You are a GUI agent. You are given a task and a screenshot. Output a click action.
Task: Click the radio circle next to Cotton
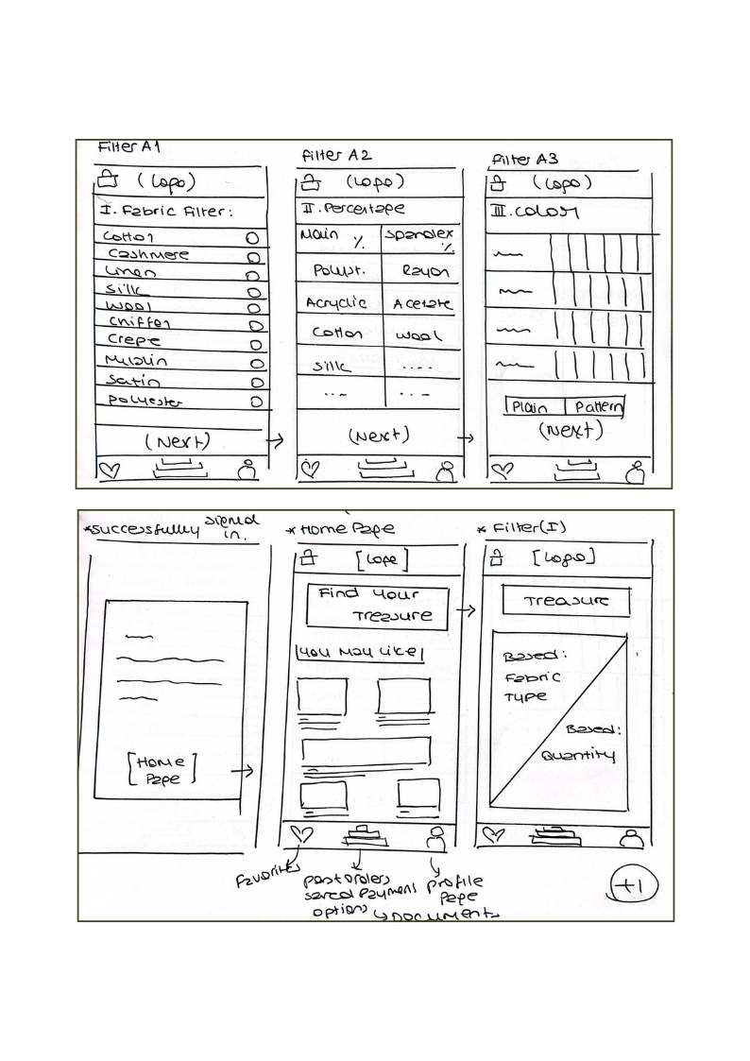click(x=252, y=239)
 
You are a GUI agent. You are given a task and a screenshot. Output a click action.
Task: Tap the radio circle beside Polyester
click(x=254, y=402)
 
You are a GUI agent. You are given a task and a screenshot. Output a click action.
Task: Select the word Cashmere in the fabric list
click(x=147, y=254)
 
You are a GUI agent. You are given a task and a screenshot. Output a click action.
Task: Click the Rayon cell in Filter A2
click(x=425, y=272)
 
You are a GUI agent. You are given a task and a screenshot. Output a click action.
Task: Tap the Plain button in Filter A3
click(x=534, y=407)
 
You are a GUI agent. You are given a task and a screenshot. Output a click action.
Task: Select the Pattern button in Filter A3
click(x=594, y=407)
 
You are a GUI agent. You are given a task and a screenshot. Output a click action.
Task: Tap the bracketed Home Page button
click(x=163, y=769)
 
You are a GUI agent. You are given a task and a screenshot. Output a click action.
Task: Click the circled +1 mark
click(x=635, y=885)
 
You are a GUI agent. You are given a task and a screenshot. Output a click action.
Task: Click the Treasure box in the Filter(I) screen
click(x=566, y=601)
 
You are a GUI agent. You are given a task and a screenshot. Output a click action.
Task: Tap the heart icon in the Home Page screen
click(x=301, y=834)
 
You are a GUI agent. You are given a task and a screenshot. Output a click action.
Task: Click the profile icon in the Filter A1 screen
click(x=247, y=470)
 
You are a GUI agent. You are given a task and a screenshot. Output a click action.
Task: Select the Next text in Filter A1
click(x=177, y=441)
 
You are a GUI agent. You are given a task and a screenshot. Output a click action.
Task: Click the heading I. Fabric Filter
click(x=164, y=212)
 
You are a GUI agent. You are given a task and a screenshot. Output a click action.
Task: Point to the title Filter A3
click(x=527, y=159)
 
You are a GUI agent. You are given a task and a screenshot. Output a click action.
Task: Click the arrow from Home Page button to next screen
click(x=242, y=771)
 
